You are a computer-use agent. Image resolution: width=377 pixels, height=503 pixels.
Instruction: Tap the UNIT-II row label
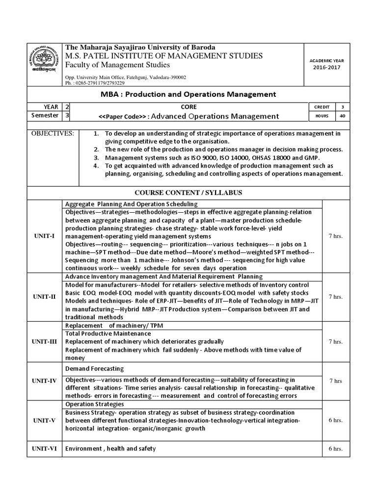(44, 297)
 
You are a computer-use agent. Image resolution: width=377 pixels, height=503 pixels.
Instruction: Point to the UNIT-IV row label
(44, 381)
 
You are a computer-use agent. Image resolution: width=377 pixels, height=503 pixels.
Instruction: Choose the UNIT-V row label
(44, 420)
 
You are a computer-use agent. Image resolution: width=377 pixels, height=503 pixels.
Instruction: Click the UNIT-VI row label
(44, 448)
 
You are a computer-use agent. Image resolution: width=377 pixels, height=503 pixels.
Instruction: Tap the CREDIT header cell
(322, 107)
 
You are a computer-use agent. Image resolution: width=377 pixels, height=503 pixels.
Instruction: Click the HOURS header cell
(322, 116)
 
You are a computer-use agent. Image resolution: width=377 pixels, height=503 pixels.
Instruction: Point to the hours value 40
(342, 116)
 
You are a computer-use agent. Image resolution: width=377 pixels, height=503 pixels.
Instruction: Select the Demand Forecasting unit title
(94, 368)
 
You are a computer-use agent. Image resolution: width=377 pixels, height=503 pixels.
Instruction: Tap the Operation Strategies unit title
(94, 404)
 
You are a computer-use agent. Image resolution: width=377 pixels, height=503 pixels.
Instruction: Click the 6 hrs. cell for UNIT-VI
(335, 448)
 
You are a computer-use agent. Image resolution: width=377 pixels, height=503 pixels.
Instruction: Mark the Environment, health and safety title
(110, 448)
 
